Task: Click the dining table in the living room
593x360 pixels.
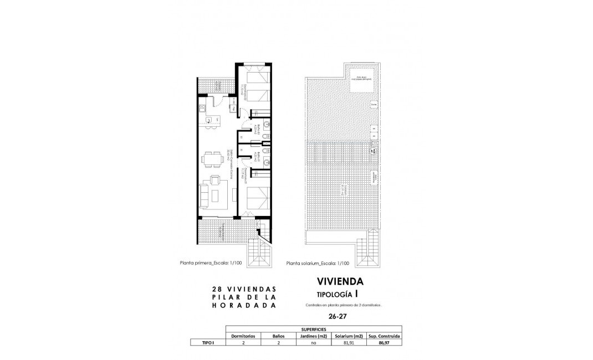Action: pyautogui.click(x=213, y=160)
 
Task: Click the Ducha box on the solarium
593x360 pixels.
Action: pyautogui.click(x=374, y=104)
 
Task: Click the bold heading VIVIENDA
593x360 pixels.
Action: pyautogui.click(x=341, y=281)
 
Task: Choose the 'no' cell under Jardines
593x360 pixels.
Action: pyautogui.click(x=314, y=343)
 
